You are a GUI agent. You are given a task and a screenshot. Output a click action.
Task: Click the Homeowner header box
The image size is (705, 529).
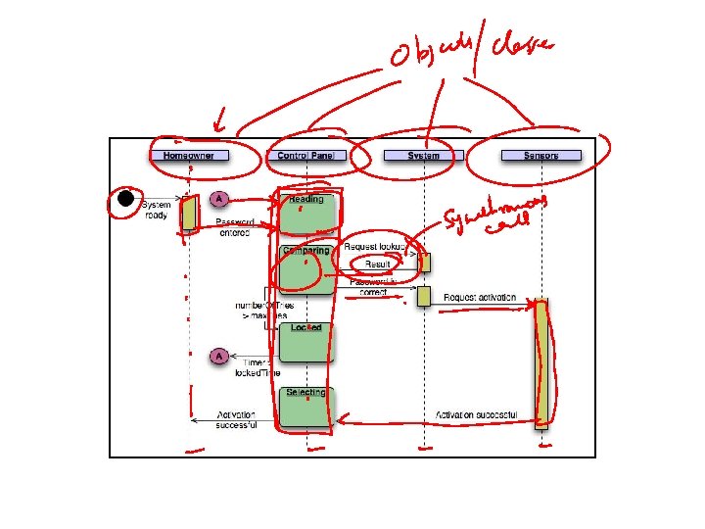[x=189, y=155]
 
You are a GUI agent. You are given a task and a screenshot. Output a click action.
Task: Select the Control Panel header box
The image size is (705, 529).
[x=306, y=155]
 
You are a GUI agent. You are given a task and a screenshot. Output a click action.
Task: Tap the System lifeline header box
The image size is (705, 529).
[x=423, y=155]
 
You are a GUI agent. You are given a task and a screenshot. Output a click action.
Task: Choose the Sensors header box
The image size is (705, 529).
[x=540, y=155]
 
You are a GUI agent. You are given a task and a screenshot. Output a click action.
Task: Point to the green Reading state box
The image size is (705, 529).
[x=306, y=213]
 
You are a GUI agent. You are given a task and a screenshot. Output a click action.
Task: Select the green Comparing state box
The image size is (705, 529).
[x=306, y=267]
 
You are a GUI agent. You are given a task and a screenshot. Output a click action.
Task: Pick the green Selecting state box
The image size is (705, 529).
[x=306, y=407]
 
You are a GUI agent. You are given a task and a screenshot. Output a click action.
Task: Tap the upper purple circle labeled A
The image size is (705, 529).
[x=219, y=199]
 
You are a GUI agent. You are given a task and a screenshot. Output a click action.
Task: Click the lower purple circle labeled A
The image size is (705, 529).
[x=219, y=356]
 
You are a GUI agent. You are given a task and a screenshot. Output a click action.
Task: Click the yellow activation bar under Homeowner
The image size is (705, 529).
[x=189, y=213]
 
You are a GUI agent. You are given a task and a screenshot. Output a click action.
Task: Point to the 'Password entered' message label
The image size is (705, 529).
[x=235, y=227]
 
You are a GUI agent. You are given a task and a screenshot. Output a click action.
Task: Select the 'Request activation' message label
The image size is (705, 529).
[x=480, y=297]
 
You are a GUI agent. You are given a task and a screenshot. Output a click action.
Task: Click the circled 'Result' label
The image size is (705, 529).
[x=377, y=264]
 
